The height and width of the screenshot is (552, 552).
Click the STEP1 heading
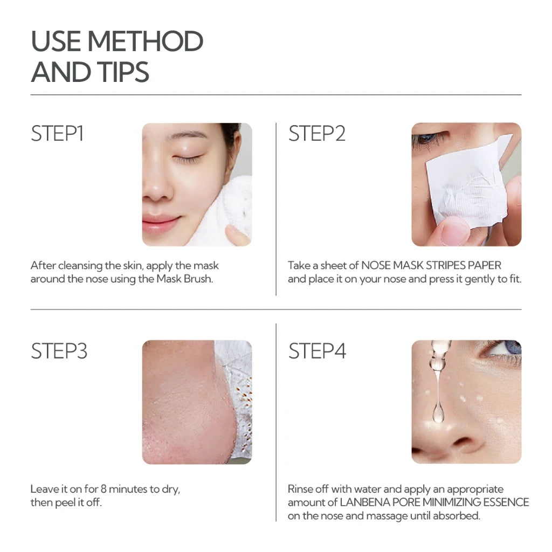[57, 134]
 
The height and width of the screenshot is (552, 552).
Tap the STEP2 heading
[317, 134]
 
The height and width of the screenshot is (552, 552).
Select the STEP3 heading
[59, 351]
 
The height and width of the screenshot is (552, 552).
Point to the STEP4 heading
[317, 351]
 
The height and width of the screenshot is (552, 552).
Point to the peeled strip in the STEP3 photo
[234, 399]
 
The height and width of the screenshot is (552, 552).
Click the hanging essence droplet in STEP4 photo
[438, 411]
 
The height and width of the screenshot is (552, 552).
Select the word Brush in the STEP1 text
[199, 279]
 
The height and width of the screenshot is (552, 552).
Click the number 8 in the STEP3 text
[104, 489]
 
